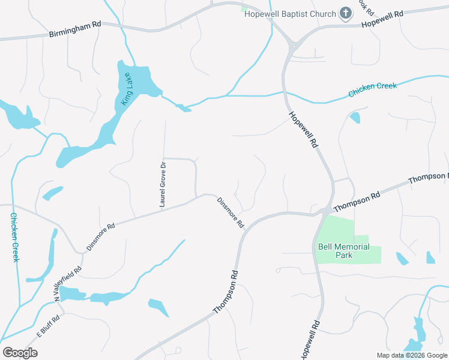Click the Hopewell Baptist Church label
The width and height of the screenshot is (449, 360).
(x=289, y=13)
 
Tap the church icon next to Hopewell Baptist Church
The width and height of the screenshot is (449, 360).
(x=345, y=13)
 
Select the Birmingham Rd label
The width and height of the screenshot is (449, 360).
(x=75, y=31)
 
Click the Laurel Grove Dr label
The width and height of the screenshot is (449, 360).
(x=163, y=184)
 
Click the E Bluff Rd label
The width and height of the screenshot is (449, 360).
(x=48, y=325)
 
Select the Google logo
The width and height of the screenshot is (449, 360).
(x=20, y=353)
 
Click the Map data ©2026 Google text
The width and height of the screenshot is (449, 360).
(x=411, y=355)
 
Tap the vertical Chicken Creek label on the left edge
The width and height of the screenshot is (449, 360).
(x=14, y=237)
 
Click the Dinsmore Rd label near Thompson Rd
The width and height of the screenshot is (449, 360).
(x=231, y=213)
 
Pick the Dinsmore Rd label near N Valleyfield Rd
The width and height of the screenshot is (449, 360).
(x=100, y=237)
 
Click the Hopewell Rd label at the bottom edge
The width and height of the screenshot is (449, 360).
(x=309, y=341)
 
